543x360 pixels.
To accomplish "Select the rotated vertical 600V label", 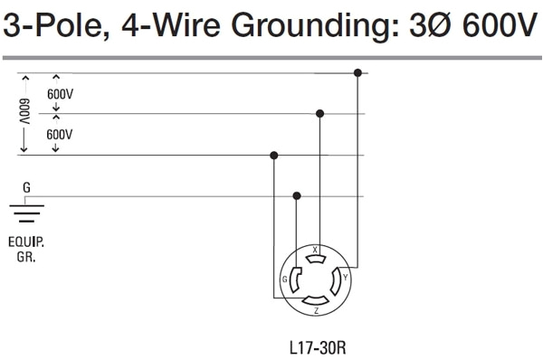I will coord(25,113).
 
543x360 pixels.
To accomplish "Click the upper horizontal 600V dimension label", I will coord(61,93).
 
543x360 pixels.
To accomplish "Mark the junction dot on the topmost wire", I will coord(358,72).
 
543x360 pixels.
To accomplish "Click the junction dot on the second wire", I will coord(319,114).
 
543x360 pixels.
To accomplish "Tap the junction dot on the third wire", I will coord(274,156).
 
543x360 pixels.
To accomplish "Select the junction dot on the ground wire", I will coord(297,195).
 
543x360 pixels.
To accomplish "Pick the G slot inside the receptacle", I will coord(294,279).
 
